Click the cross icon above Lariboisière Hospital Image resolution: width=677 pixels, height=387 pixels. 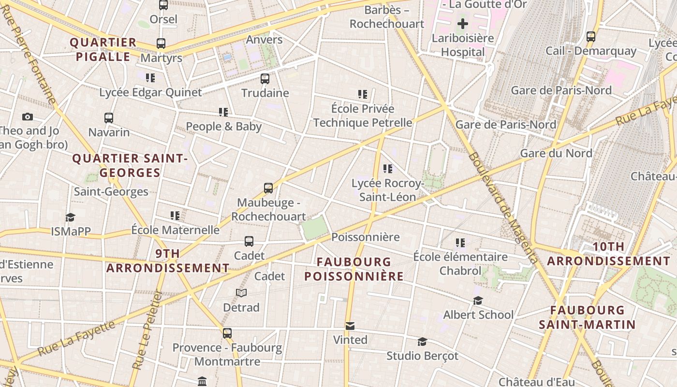click(463, 23)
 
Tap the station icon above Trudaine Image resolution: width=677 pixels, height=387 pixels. click(265, 78)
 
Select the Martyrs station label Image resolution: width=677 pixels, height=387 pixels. click(161, 58)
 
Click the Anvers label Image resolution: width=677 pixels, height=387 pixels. click(264, 39)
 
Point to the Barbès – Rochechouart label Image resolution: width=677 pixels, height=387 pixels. click(387, 17)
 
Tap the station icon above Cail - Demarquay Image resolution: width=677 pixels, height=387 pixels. click(590, 36)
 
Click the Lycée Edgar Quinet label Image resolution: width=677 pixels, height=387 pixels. click(150, 92)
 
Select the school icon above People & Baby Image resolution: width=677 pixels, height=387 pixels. click(223, 112)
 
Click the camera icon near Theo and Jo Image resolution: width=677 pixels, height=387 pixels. click(28, 117)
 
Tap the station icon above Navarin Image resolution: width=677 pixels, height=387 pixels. click(109, 118)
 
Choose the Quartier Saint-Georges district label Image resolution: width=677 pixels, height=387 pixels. click(130, 165)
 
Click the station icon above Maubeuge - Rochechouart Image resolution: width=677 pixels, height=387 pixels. click(268, 188)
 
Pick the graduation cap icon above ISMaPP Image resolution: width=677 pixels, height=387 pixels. click(71, 217)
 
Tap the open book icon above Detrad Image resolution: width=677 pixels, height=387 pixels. click(241, 293)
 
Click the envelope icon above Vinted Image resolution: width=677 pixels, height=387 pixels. click(350, 326)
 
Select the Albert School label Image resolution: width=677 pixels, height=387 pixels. click(478, 314)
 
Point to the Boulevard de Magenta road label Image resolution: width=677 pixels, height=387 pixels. click(502, 208)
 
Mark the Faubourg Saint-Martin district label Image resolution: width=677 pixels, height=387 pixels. click(587, 317)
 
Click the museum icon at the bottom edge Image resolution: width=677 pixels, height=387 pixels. click(202, 382)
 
